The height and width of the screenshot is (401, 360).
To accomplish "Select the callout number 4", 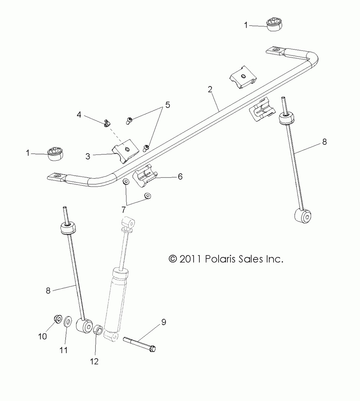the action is click(x=79, y=115).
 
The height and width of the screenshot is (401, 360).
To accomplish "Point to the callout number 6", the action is click(x=180, y=176).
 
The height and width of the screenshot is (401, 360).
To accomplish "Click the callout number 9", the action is click(x=163, y=322).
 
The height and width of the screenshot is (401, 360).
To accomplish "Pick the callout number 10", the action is click(x=42, y=336).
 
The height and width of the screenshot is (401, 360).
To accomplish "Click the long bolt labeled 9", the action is click(x=139, y=343).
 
